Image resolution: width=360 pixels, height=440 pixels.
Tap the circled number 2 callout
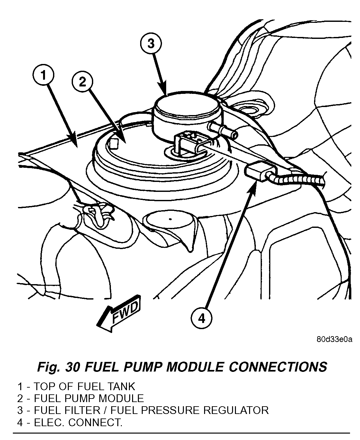point(83,83)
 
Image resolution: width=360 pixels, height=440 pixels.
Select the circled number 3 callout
point(151,44)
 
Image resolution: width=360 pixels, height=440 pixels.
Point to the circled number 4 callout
point(201,318)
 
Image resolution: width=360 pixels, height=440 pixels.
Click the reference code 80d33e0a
point(334,339)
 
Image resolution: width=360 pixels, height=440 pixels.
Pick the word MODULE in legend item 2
point(121,399)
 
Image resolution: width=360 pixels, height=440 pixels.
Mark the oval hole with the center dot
point(170,219)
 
